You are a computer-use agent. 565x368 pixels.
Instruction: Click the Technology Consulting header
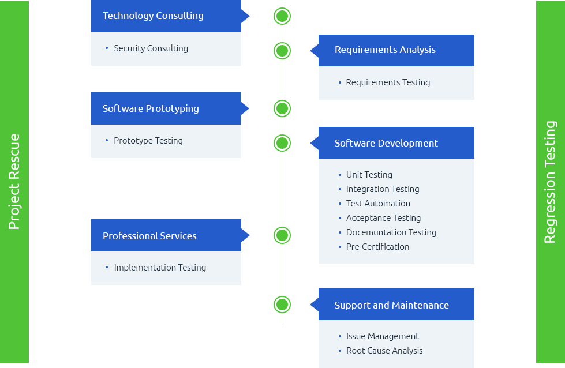(153, 16)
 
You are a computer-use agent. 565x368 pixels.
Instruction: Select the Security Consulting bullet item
(151, 48)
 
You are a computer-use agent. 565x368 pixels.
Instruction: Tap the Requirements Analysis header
(385, 50)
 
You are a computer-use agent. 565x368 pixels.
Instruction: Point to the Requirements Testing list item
(388, 82)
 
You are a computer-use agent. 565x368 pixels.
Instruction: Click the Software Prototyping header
(151, 108)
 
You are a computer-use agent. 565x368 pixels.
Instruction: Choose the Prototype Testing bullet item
(148, 141)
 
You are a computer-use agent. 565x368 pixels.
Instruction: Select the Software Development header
(386, 143)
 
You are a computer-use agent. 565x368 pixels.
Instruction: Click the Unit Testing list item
(369, 175)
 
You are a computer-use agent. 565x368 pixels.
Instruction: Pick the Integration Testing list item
(383, 189)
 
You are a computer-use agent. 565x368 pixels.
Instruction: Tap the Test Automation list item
(378, 204)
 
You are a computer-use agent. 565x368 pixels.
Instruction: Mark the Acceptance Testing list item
(383, 218)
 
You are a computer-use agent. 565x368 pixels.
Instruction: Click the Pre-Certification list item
(377, 247)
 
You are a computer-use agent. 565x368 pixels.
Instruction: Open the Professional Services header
(149, 236)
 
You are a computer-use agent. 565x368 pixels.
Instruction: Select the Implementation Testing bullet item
(160, 268)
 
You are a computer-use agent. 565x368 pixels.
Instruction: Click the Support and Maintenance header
(391, 305)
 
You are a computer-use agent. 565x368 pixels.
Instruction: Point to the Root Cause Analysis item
(384, 351)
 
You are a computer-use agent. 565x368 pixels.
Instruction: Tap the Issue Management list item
(383, 336)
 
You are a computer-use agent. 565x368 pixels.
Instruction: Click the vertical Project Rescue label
(14, 182)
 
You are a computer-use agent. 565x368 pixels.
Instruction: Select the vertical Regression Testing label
(550, 182)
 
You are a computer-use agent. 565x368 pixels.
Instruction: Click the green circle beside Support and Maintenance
(282, 305)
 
